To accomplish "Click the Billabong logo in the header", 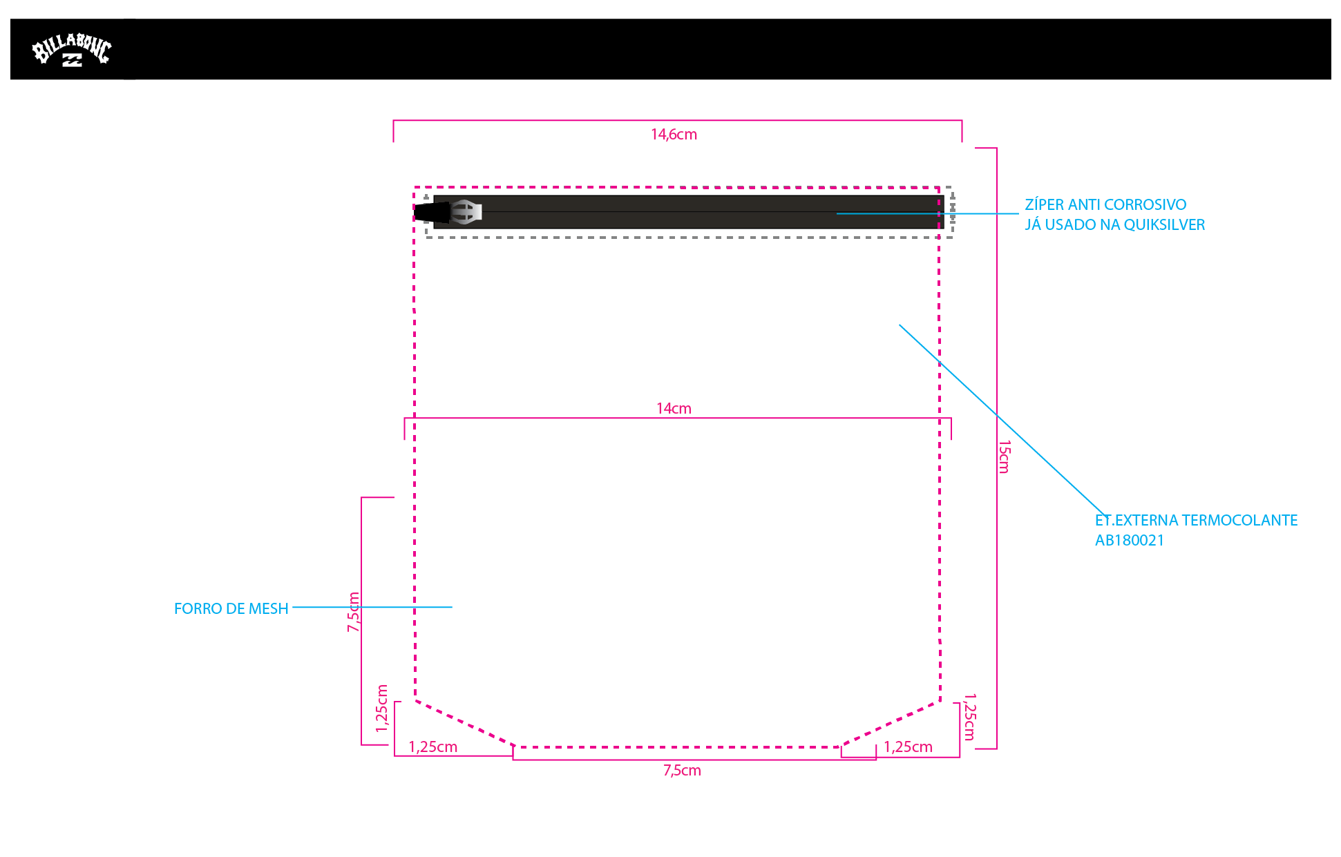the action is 72,50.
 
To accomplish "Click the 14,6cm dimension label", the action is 674,134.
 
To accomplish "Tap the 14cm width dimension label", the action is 674,408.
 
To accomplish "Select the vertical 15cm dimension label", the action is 1005,456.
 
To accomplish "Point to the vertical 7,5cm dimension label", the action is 353,612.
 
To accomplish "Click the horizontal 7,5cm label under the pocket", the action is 682,770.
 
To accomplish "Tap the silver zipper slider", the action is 466,212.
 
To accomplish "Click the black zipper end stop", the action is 431,212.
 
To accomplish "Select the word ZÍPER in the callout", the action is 1044,204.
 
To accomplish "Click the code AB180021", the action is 1130,540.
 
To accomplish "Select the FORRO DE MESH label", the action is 231,608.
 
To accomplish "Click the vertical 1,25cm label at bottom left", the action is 381,709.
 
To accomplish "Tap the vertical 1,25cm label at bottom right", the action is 969,718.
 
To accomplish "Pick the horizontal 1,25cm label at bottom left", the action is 432,747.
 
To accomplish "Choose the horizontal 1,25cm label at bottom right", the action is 908,747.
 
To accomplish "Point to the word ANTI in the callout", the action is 1084,204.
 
